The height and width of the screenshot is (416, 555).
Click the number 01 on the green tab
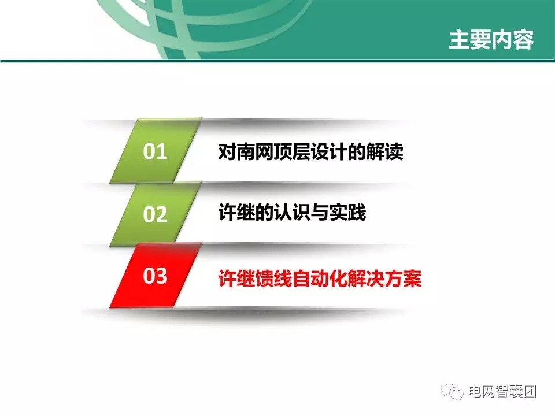tap(155, 152)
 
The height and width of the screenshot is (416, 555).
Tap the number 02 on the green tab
tap(155, 214)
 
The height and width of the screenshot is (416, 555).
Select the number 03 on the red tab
tap(155, 276)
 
